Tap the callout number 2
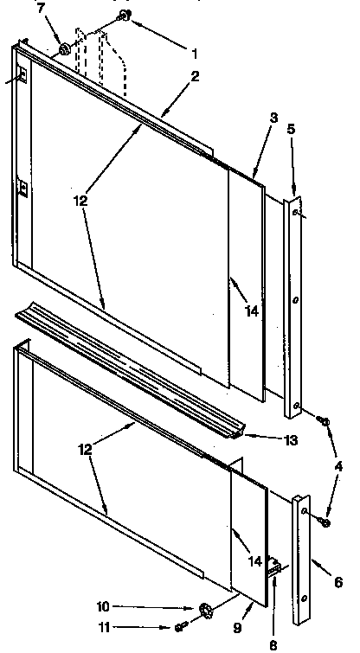click(196, 76)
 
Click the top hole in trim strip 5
click(296, 210)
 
